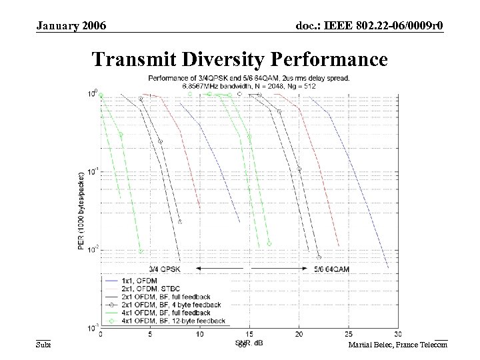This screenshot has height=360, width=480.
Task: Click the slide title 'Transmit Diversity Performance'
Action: [239, 59]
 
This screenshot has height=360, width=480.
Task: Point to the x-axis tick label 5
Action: [150, 335]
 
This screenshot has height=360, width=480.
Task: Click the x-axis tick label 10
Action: [199, 335]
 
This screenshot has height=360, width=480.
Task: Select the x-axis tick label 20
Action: [299, 335]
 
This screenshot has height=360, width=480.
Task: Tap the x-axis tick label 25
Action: [348, 335]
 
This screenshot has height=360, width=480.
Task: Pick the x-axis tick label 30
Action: [397, 335]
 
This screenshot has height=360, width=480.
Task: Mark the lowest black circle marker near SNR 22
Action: [319, 257]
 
